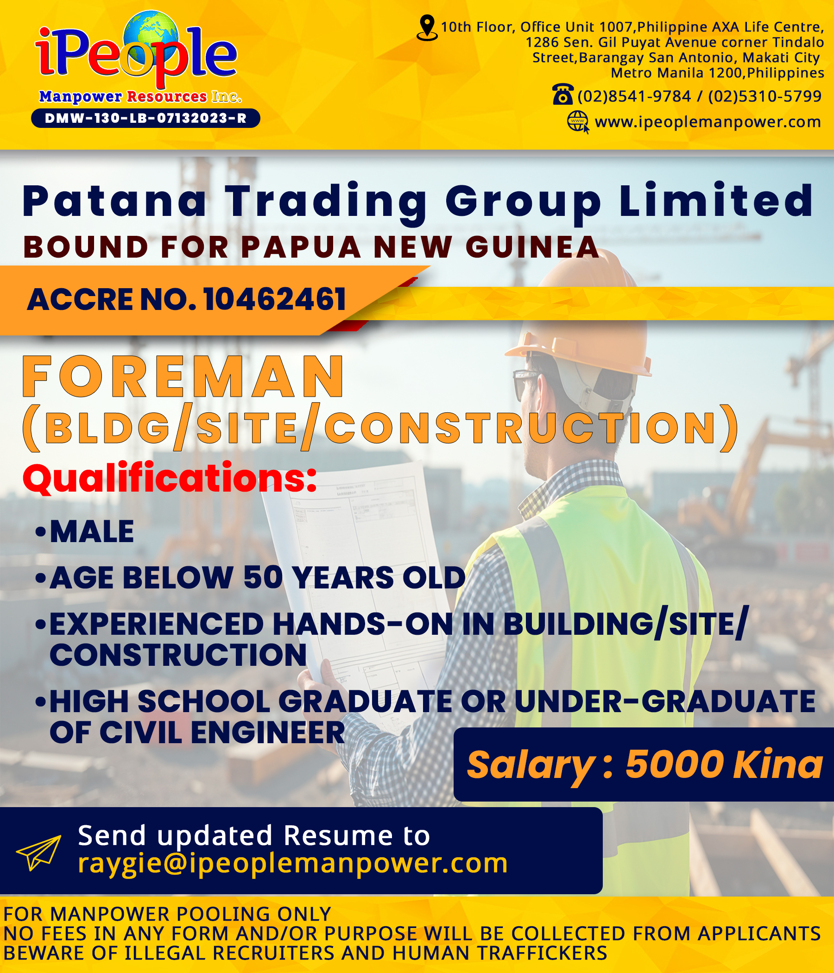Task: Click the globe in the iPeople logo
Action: pos(151,38)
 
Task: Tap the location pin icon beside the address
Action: pos(427,28)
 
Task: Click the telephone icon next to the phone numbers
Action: pos(562,94)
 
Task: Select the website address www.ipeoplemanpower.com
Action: pos(708,122)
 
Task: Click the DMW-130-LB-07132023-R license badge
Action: pos(145,118)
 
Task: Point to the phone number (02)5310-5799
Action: pos(765,96)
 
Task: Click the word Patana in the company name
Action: pos(114,201)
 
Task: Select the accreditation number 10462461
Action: pos(275,299)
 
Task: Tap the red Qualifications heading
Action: pos(170,478)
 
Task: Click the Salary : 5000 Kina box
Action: pos(644,764)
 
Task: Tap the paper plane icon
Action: pos(38,853)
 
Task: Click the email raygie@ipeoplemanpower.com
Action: pos(292,863)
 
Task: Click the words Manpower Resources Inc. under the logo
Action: pos(140,96)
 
